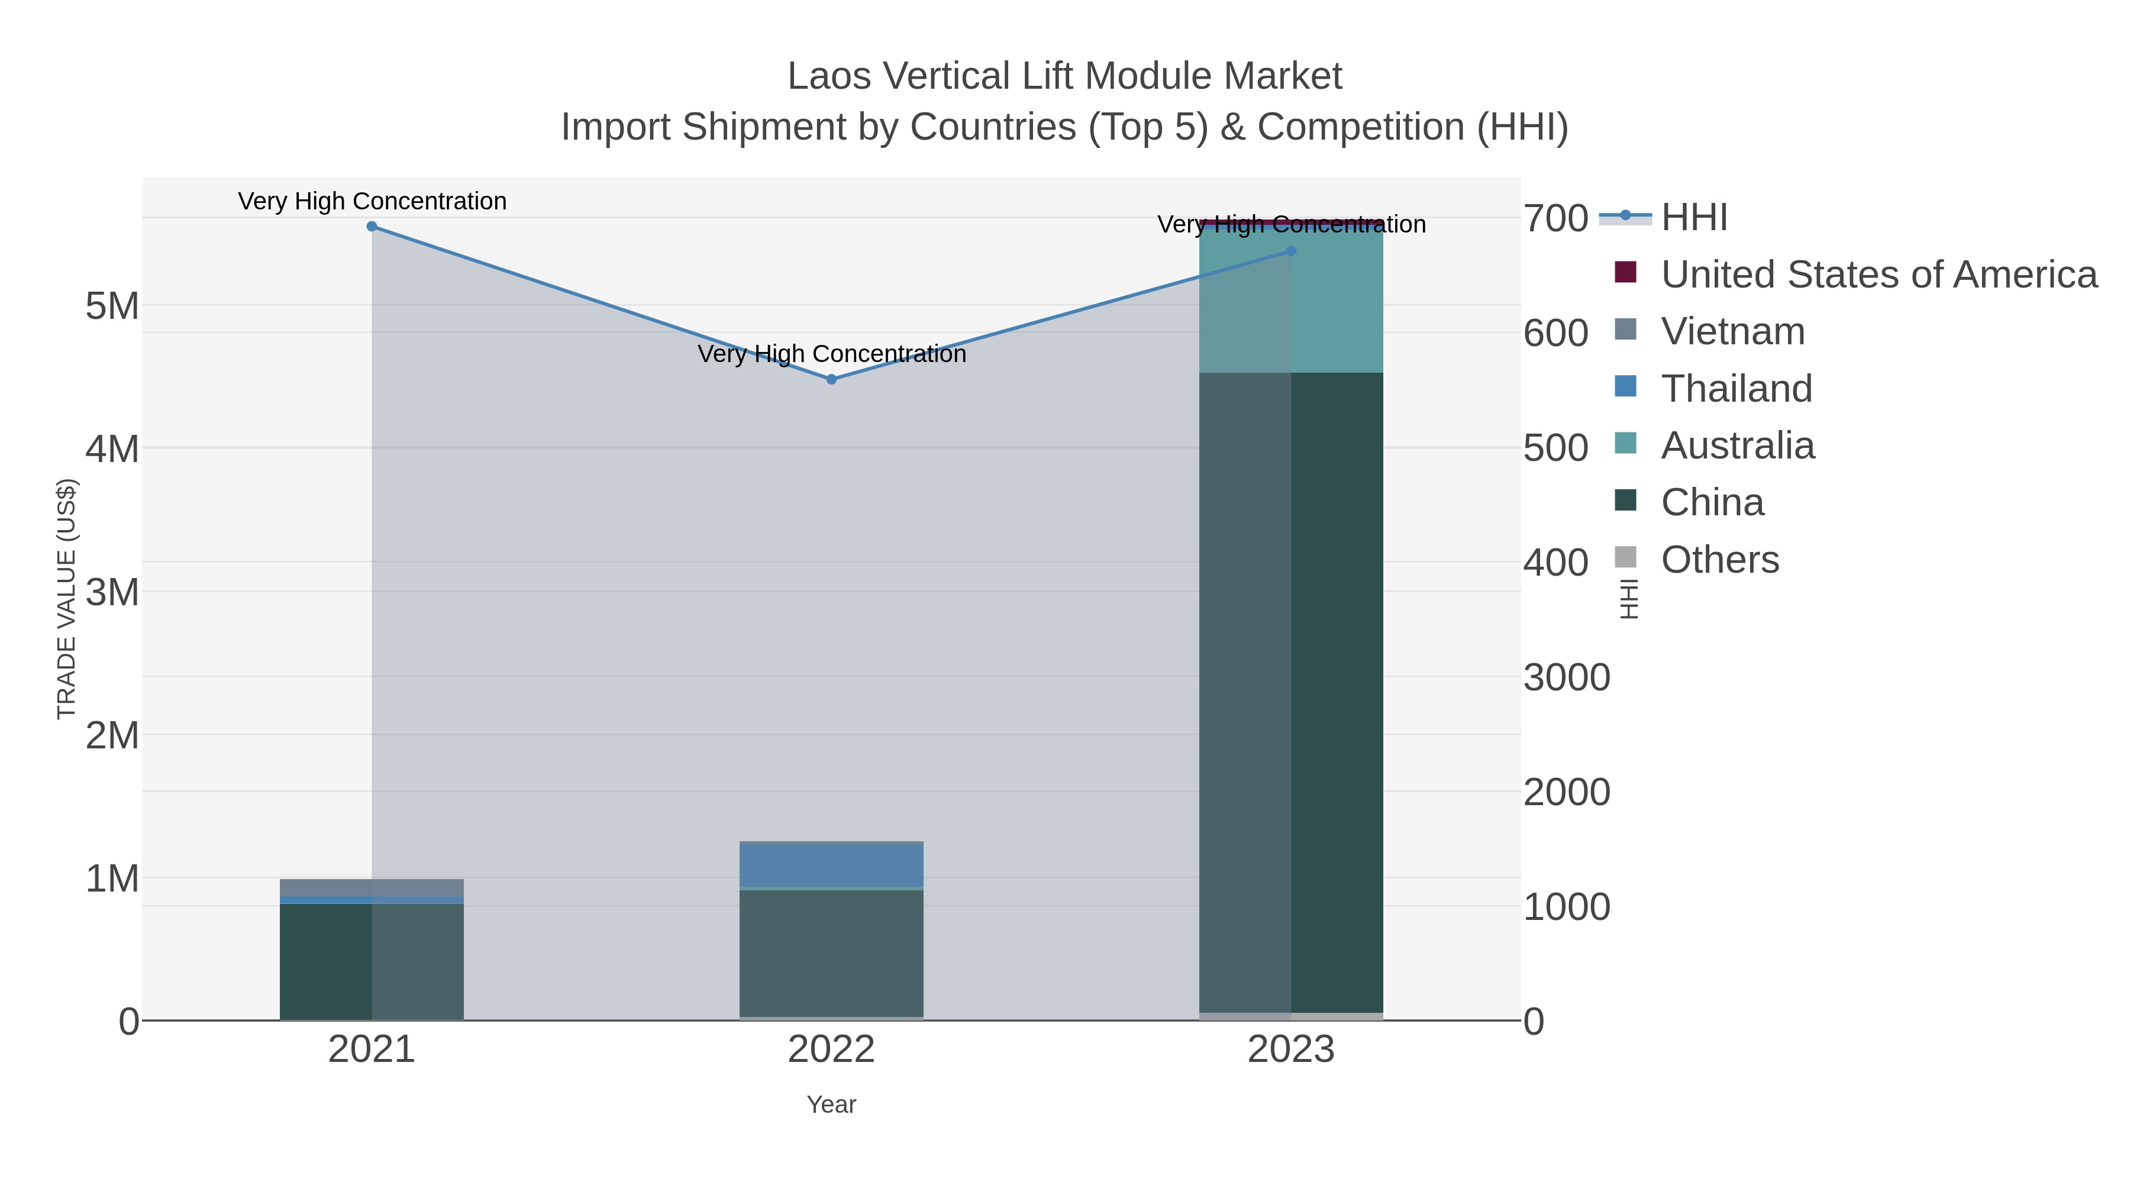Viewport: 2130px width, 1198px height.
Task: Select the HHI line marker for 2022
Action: click(x=832, y=379)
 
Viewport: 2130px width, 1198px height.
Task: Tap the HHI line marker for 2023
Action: click(x=1292, y=251)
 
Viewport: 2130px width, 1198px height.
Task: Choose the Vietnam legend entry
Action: click(x=1733, y=331)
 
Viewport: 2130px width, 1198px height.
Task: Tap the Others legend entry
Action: click(x=1720, y=560)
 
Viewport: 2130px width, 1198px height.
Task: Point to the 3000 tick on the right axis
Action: click(x=1566, y=678)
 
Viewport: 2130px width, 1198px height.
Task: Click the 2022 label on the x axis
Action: click(x=832, y=1050)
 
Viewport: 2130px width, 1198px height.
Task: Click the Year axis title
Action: click(x=832, y=1105)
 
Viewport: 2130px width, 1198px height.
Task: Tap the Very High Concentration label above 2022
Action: click(x=832, y=354)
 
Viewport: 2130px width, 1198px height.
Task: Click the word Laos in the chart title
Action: click(x=828, y=76)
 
